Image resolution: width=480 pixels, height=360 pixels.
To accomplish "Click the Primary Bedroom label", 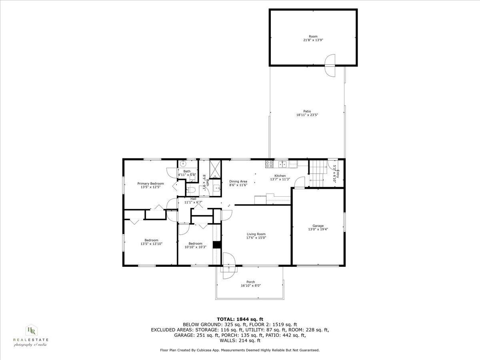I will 151,184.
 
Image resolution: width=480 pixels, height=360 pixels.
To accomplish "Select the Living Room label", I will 256,234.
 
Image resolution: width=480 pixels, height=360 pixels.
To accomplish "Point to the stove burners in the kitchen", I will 269,164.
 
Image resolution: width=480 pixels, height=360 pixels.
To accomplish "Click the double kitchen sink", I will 283,164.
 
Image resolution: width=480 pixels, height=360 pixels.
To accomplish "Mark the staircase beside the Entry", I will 319,173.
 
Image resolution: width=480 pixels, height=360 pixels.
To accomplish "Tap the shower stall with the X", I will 215,168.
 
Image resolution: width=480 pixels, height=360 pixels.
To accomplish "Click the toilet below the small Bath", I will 191,190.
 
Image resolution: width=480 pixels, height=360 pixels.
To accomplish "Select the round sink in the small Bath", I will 183,163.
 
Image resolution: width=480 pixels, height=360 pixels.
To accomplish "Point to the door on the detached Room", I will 331,65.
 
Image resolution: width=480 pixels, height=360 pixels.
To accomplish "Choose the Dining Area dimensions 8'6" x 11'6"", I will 238,185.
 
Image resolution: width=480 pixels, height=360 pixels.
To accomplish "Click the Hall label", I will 193,199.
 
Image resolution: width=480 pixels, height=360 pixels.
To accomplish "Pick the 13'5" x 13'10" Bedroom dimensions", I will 151,244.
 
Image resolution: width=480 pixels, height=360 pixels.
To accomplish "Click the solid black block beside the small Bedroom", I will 217,245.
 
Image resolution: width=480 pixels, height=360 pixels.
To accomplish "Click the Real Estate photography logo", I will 31,335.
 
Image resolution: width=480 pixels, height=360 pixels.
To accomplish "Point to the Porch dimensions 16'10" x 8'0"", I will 251,286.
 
